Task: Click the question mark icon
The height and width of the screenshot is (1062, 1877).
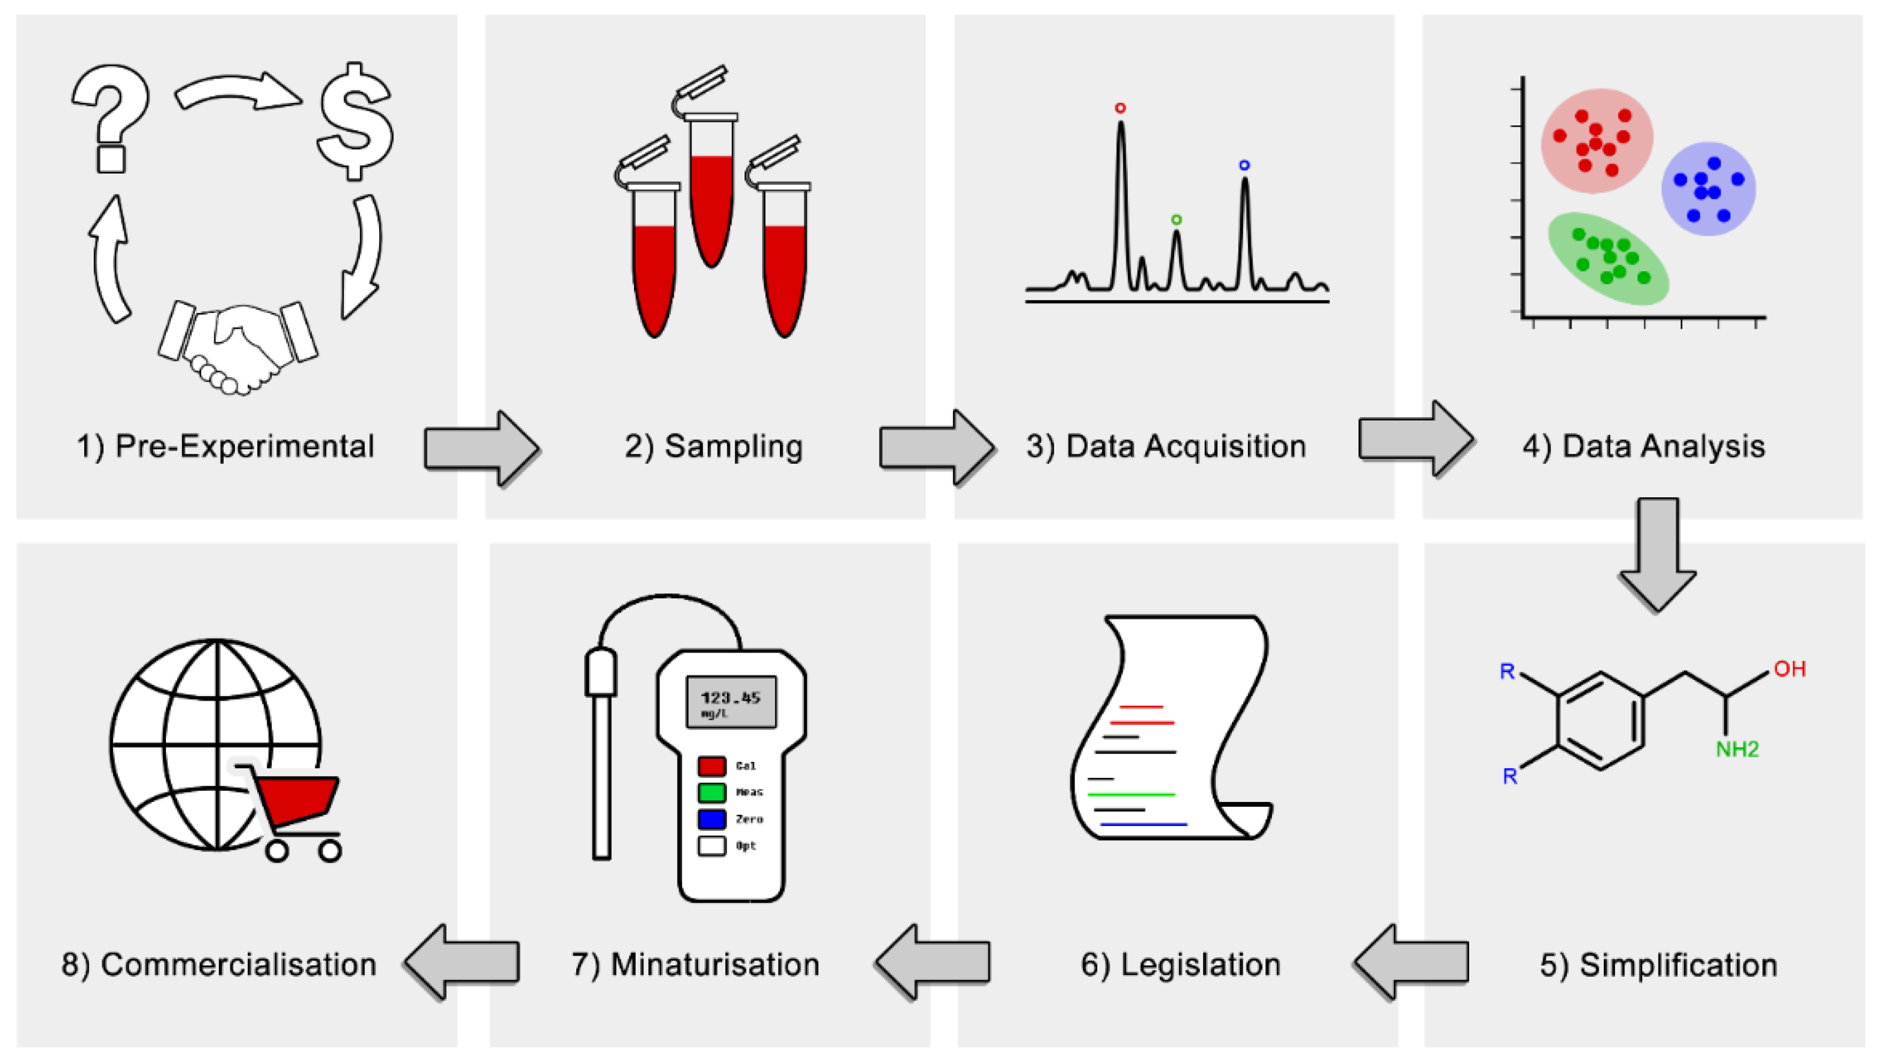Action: pyautogui.click(x=111, y=116)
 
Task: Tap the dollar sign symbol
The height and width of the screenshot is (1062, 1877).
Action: pyautogui.click(x=356, y=121)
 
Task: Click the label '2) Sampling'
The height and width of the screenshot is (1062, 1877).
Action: pyautogui.click(x=713, y=447)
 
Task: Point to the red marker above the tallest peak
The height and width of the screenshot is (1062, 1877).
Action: pyautogui.click(x=1119, y=108)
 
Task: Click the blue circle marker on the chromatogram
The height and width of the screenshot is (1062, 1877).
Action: pyautogui.click(x=1244, y=165)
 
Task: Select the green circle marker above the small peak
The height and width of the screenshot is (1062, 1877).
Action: pyautogui.click(x=1176, y=219)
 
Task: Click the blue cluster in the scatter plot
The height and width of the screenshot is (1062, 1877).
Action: pyautogui.click(x=1707, y=189)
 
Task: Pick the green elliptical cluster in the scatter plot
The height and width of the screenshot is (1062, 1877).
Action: pyautogui.click(x=1608, y=258)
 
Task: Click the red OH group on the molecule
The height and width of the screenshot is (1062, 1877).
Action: pyautogui.click(x=1789, y=669)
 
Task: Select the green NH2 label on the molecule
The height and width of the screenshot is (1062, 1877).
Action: pyautogui.click(x=1736, y=749)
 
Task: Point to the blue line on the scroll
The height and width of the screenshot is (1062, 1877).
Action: pyautogui.click(x=1143, y=824)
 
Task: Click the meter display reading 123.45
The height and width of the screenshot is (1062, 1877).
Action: pyautogui.click(x=731, y=702)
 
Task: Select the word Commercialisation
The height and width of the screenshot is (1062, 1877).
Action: pyautogui.click(x=238, y=964)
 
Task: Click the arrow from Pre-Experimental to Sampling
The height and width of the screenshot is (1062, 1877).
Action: pyautogui.click(x=481, y=448)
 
